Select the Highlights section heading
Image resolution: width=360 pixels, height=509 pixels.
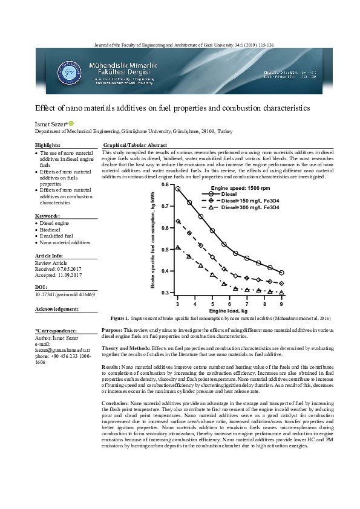(x=48, y=146)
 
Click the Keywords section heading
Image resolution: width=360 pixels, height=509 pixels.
(x=47, y=216)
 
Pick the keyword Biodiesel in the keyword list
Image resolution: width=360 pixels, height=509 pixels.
(x=50, y=230)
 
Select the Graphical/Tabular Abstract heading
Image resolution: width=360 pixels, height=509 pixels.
(x=135, y=146)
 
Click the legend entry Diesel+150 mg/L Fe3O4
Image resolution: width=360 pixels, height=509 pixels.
(x=234, y=201)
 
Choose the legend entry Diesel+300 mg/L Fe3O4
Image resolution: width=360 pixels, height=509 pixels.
(x=234, y=208)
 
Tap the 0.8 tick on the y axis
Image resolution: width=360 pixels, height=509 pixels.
(x=166, y=184)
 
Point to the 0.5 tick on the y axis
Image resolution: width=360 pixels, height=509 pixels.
(x=166, y=249)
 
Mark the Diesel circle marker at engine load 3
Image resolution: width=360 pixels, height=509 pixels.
(x=177, y=189)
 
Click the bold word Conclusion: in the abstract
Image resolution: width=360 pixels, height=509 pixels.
(x=116, y=403)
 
